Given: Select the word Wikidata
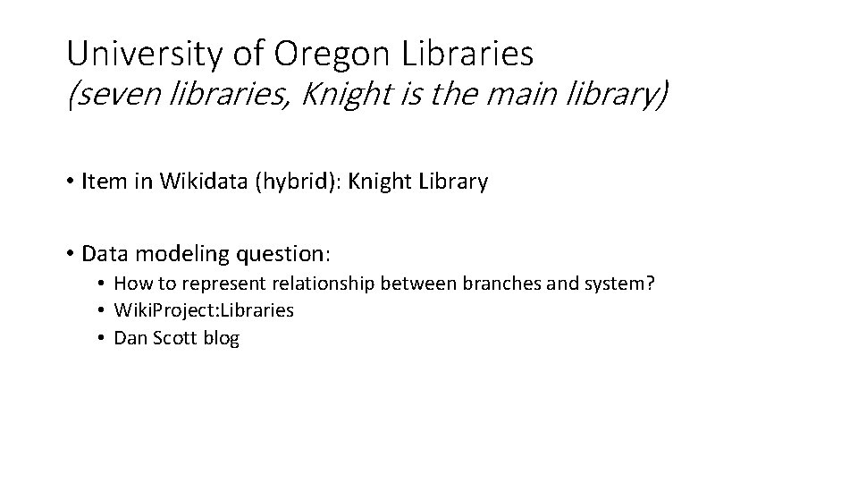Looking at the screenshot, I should point(198,182).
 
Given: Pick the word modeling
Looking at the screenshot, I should point(179,254).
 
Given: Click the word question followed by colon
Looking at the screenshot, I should point(282,254).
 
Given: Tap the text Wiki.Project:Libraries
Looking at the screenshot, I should point(204,311).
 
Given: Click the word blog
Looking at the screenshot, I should point(222,338).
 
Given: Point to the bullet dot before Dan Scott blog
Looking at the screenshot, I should point(104,338).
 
